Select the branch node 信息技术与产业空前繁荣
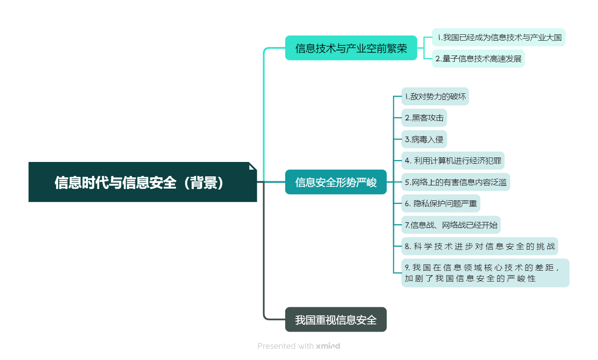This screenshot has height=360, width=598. pyautogui.click(x=351, y=48)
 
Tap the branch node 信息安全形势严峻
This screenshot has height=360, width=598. pyautogui.click(x=336, y=182)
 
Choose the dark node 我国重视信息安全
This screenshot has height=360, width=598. pyautogui.click(x=336, y=319)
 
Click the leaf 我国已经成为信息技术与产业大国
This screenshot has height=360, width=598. pyautogui.click(x=499, y=37)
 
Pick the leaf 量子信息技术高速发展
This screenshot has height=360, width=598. pyautogui.click(x=478, y=59)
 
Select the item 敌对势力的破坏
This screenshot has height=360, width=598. pyautogui.click(x=435, y=97)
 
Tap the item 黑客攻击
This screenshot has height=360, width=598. pyautogui.click(x=424, y=118)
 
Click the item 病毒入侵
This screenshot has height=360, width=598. pyautogui.click(x=424, y=139)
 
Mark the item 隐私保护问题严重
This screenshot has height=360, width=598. pyautogui.click(x=441, y=203)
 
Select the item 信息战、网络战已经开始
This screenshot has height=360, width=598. pyautogui.click(x=451, y=225)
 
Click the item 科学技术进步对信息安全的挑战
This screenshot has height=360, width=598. pyautogui.click(x=480, y=246)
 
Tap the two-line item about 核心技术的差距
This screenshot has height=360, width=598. pyautogui.click(x=485, y=273)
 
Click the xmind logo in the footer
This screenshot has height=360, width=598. pyautogui.click(x=328, y=346)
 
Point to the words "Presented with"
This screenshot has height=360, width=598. pyautogui.click(x=285, y=346)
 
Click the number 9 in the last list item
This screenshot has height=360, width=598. pyautogui.click(x=407, y=268)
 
